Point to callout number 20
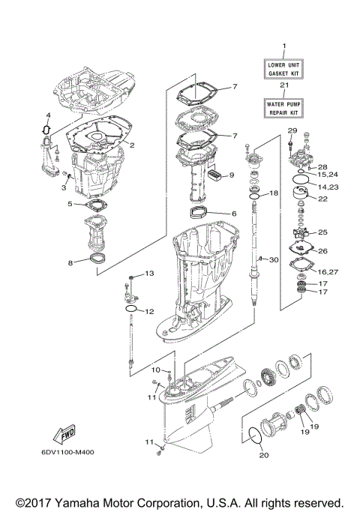[263, 455]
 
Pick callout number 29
[292, 131]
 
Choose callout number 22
[323, 199]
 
